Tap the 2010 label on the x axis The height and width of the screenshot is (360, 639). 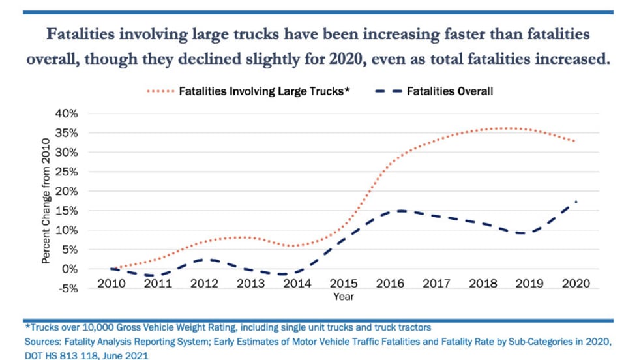[111, 284]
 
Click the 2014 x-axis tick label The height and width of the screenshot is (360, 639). [297, 284]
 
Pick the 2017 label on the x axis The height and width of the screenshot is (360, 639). [436, 284]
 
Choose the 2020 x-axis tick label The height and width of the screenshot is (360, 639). [576, 284]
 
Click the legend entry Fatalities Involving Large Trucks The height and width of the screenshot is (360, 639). [265, 91]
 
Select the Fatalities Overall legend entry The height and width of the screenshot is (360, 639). [449, 91]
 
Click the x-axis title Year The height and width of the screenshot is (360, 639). [343, 296]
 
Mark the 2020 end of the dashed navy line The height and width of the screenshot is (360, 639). [576, 202]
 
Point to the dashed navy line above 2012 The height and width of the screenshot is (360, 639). [204, 259]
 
